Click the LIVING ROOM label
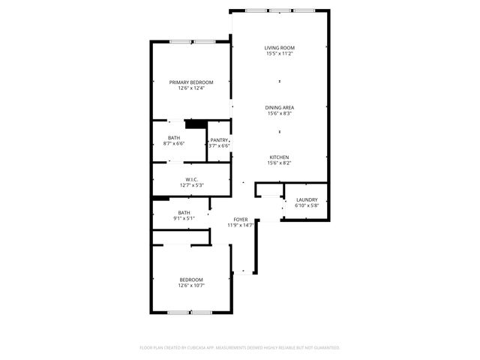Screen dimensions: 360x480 pos(279,48)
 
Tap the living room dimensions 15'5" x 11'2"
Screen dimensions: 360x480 pos(279,54)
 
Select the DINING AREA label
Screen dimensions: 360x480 pos(279,108)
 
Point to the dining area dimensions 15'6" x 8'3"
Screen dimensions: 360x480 pos(279,114)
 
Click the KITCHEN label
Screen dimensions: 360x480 pos(279,157)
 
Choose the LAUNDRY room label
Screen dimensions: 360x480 pos(307,199)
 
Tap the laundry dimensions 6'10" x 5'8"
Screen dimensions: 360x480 pos(307,205)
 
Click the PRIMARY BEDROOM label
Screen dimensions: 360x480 pos(191,82)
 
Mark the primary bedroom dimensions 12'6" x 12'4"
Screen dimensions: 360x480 pos(191,88)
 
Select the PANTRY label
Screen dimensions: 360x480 pos(219,140)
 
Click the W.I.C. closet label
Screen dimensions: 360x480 pos(191,179)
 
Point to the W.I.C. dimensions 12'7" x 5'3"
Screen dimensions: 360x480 pos(191,185)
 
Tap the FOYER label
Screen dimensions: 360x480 pos(241,219)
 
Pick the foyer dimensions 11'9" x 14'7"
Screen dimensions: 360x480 pos(241,225)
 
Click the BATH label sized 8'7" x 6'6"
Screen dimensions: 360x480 pos(174,138)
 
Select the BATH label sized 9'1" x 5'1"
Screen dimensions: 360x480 pos(184,213)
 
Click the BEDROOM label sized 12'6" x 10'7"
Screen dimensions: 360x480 pos(191,280)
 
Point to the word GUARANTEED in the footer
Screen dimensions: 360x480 pos(325,348)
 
